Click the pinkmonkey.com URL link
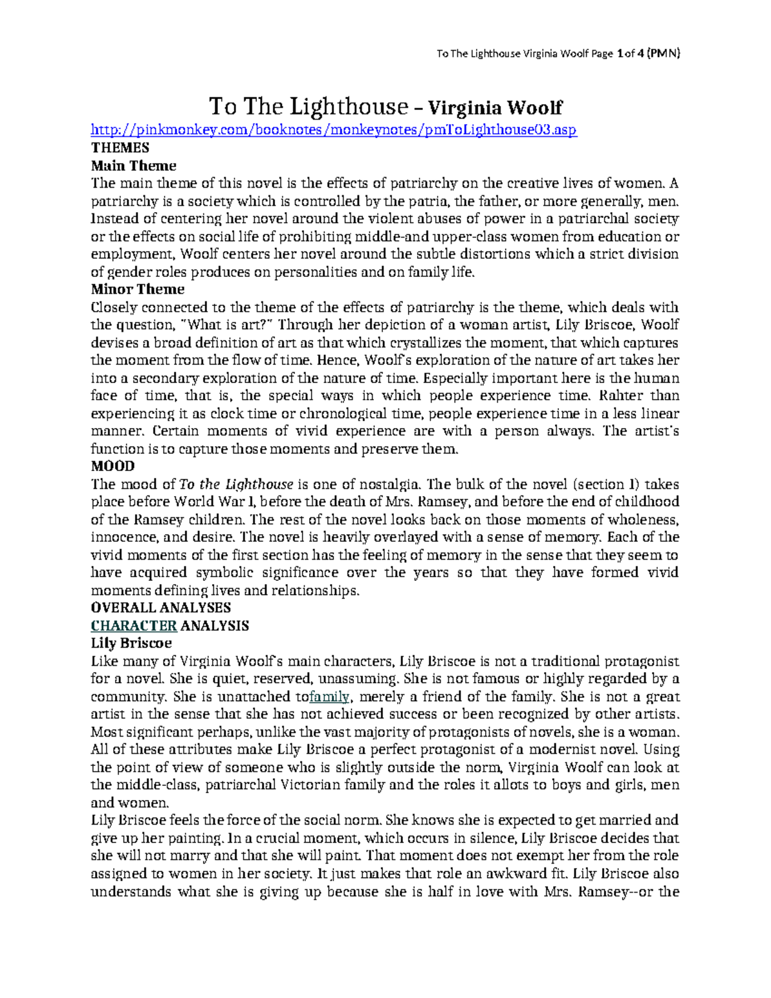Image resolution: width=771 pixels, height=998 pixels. [x=334, y=130]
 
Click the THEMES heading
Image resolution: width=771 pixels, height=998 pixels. [x=120, y=148]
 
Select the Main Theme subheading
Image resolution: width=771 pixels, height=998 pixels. [x=134, y=166]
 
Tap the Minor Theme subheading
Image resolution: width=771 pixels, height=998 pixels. [x=137, y=289]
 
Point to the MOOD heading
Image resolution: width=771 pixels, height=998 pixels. [x=112, y=466]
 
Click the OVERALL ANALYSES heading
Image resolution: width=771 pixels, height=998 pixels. [x=161, y=608]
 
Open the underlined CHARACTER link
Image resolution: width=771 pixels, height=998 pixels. [x=134, y=626]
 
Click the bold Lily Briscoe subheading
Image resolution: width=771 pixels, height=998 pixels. [x=131, y=643]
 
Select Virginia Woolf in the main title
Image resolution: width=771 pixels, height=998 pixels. [x=495, y=107]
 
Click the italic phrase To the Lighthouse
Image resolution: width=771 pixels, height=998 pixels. [x=236, y=485]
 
